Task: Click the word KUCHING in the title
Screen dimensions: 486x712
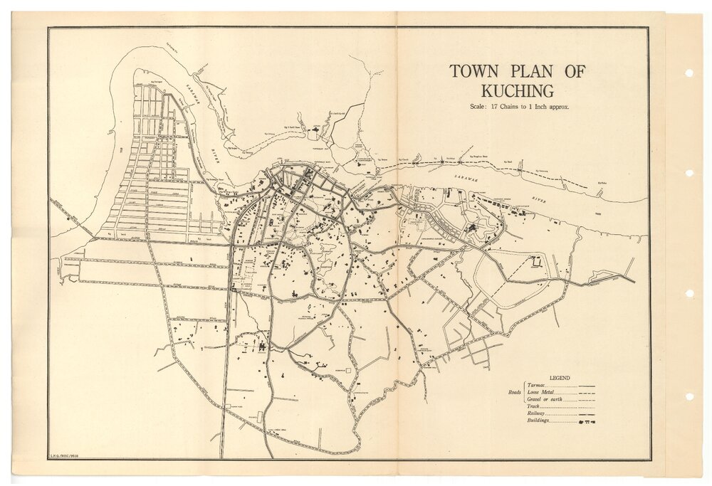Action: click(x=517, y=91)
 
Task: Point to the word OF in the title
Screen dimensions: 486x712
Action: click(x=574, y=72)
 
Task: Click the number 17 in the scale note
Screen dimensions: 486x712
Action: click(x=491, y=106)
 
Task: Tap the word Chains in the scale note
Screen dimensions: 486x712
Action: click(x=510, y=106)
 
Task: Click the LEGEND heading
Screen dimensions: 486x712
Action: click(x=560, y=378)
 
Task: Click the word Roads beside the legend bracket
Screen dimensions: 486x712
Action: click(x=514, y=393)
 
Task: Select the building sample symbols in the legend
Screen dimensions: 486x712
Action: click(x=587, y=422)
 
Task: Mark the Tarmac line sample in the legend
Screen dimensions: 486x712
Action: click(x=587, y=386)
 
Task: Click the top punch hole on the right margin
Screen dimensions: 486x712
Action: click(x=689, y=73)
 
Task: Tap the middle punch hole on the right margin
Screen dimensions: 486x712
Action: click(x=689, y=173)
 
